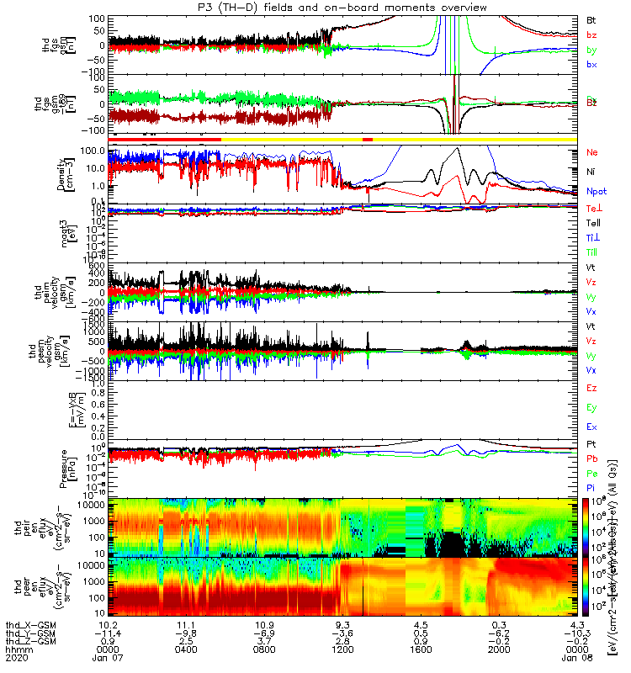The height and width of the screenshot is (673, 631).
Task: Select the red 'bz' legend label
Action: tap(591, 34)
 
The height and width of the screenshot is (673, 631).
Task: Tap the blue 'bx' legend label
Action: tap(591, 65)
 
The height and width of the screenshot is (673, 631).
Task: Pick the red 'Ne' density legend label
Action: tap(591, 153)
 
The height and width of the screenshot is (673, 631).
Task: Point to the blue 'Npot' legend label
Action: tap(594, 191)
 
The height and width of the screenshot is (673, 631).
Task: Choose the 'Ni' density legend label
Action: tap(591, 172)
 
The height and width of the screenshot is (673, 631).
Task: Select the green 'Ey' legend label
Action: tap(591, 407)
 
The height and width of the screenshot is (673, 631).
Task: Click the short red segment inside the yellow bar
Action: tap(367, 139)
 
